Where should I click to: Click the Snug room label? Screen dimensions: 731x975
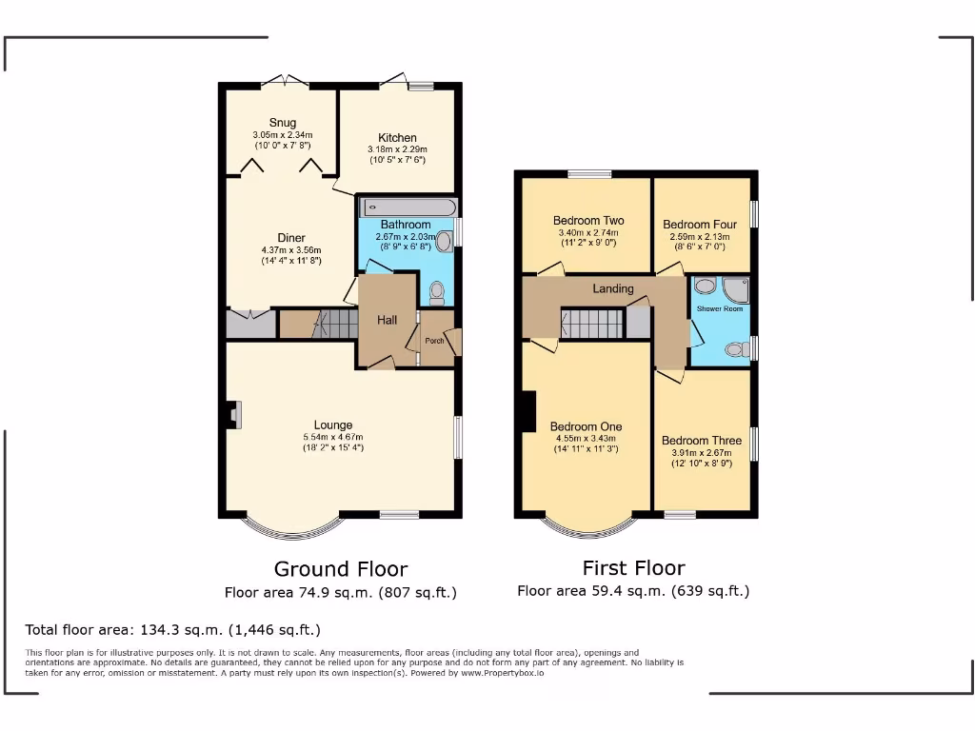tap(282, 123)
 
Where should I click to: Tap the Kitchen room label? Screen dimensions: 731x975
tap(397, 138)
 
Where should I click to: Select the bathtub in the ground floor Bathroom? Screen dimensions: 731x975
tap(408, 207)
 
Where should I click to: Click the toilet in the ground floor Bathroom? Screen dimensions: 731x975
tap(436, 289)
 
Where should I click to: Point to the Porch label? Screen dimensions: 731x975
tap(434, 341)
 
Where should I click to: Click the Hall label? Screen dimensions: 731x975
tap(387, 321)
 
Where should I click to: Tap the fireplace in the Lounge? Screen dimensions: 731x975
tap(234, 415)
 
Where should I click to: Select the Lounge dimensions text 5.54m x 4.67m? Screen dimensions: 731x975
tap(333, 437)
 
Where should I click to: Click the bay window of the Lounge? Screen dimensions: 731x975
tap(290, 526)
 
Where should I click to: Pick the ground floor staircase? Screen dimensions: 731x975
tap(325, 324)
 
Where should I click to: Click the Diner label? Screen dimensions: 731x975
tap(291, 238)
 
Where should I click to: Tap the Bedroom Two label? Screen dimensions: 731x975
tap(588, 221)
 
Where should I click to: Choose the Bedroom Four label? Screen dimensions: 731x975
tap(700, 225)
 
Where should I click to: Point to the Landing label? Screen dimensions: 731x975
tap(613, 288)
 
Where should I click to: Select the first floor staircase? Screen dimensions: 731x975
tap(591, 324)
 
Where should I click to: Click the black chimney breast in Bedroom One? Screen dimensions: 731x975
tap(528, 411)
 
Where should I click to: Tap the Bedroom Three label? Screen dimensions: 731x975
tap(701, 441)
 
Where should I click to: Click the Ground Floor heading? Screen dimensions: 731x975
tap(341, 569)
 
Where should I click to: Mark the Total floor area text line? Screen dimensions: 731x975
tap(172, 630)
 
